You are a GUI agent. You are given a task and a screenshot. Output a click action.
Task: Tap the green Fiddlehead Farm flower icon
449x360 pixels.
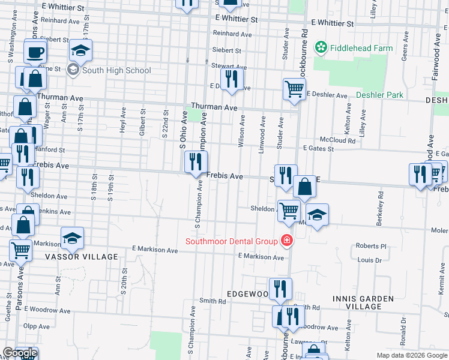click(321, 47)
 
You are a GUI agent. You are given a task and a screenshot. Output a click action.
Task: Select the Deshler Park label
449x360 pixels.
click(379, 95)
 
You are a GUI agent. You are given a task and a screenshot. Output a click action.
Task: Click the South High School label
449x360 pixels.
click(116, 70)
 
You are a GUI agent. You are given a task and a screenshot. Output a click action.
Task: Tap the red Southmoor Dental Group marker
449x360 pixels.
click(287, 241)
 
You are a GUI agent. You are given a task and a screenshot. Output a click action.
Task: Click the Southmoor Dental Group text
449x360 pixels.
click(231, 241)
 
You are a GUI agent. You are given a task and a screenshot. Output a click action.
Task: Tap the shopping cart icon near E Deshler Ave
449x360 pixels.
click(294, 89)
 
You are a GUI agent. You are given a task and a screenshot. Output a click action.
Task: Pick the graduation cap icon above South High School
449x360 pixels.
click(80, 50)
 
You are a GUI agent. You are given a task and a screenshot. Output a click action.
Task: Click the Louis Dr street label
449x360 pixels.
click(370, 260)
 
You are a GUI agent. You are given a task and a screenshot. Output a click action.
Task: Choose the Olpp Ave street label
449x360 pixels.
click(37, 327)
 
